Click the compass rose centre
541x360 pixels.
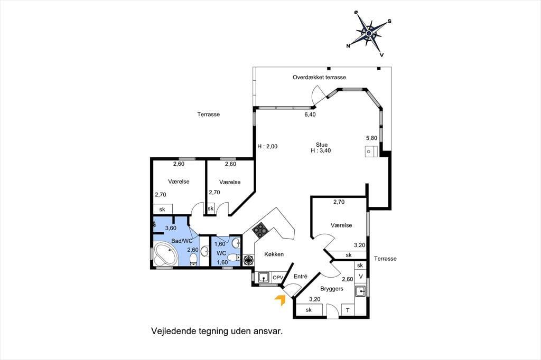coord(369,33)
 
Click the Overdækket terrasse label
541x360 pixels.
coord(319,77)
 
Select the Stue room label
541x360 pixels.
coord(322,145)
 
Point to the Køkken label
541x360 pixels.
coord(274,254)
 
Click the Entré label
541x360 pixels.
coord(301,276)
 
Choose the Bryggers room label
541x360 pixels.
coord(332,289)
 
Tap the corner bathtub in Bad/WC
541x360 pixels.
coord(166,254)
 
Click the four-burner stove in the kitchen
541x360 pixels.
coord(260,230)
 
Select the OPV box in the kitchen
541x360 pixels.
coord(278,277)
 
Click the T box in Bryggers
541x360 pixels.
coord(348,310)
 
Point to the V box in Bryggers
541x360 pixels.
coord(361,277)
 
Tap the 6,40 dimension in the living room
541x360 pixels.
coord(310,115)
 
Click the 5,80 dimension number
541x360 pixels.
coord(371,138)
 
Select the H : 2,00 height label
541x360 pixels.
coord(267,146)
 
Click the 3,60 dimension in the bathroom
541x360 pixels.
coord(171,228)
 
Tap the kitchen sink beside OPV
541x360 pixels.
coord(264,277)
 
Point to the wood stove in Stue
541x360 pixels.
coord(371,151)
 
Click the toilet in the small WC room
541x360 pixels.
coord(234,257)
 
